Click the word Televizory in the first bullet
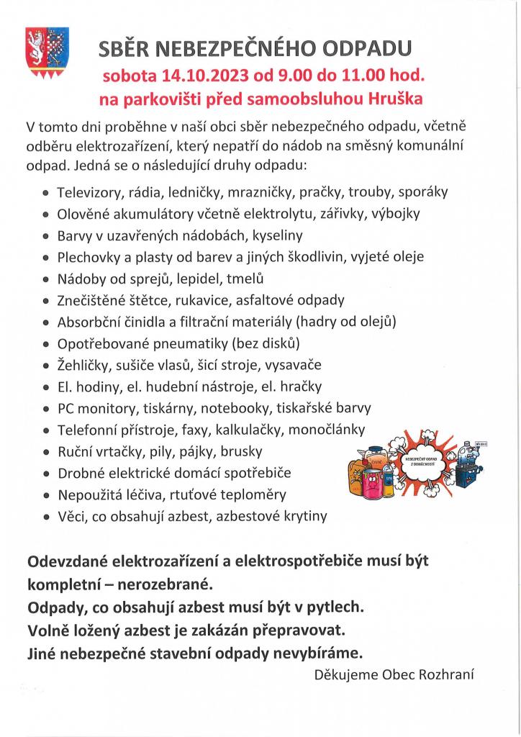90,192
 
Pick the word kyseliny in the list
276,235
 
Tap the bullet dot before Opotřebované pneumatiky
47,344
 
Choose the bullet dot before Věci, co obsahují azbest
47,517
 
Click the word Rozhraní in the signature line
450,675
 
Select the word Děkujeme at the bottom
347,675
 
